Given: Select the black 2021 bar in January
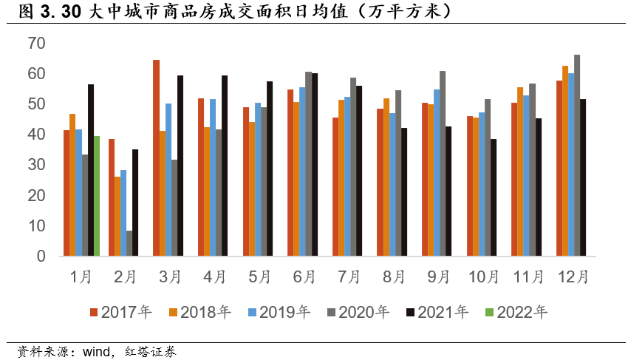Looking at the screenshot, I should point(91,170).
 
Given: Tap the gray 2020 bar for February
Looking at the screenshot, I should point(129,243).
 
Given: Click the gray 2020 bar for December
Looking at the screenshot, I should point(577,155).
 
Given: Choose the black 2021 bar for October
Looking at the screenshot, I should point(494,197).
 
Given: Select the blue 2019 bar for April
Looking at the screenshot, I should point(213,177).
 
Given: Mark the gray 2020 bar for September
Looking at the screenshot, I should point(443,163).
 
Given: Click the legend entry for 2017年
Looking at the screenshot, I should point(121,312).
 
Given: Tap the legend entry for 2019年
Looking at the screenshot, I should point(279,312).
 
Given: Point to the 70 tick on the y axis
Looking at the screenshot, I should point(36,44).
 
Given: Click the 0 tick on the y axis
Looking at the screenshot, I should point(41,257).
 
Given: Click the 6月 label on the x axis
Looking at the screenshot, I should point(304,277).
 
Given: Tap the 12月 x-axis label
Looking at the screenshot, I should point(573,277).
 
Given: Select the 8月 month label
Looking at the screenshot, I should point(393,277).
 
